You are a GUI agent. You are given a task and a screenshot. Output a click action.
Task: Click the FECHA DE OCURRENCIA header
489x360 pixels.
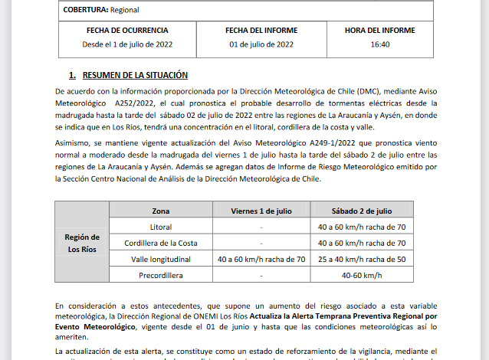point(126,31)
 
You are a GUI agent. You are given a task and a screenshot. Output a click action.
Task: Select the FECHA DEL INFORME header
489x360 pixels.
point(261,31)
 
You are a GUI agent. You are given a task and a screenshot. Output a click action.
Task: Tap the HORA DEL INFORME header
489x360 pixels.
point(380,31)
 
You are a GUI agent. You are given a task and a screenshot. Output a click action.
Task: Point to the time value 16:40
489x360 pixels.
point(380,44)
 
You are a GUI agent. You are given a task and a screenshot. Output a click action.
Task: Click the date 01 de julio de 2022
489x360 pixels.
point(261,44)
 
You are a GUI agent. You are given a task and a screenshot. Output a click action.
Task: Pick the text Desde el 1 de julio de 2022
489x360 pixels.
point(126,44)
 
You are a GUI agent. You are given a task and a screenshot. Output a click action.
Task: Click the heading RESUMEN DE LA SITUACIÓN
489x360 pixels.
point(134,75)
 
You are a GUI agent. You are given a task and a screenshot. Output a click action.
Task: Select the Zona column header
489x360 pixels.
point(161,211)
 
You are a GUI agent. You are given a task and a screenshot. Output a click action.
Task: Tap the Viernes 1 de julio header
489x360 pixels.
point(261,211)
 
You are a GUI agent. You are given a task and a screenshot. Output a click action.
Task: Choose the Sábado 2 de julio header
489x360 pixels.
point(362,211)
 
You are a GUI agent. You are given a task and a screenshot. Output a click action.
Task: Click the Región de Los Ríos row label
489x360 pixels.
point(82,243)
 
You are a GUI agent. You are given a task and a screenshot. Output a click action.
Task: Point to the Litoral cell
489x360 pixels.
point(161,227)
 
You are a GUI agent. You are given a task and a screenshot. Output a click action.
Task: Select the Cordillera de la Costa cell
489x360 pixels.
point(161,243)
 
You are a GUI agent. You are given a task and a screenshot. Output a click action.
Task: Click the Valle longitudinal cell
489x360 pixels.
point(161,259)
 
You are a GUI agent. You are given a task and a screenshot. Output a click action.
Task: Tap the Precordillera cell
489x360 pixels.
point(161,275)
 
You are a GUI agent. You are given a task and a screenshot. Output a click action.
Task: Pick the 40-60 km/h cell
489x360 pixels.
point(362,275)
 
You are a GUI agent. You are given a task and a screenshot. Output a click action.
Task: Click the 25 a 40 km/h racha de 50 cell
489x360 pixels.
point(362,259)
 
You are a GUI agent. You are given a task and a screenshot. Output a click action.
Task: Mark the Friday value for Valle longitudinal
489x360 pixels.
point(261,259)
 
